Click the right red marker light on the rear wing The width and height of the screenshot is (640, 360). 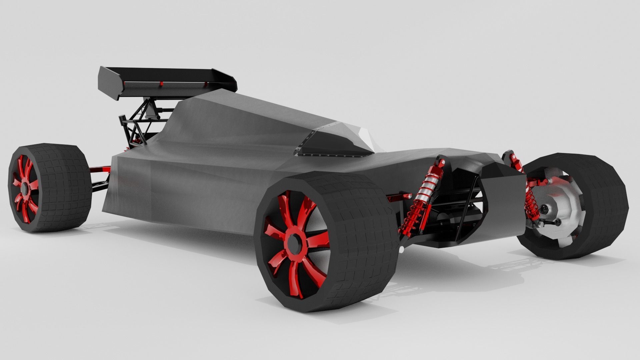(206, 84)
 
